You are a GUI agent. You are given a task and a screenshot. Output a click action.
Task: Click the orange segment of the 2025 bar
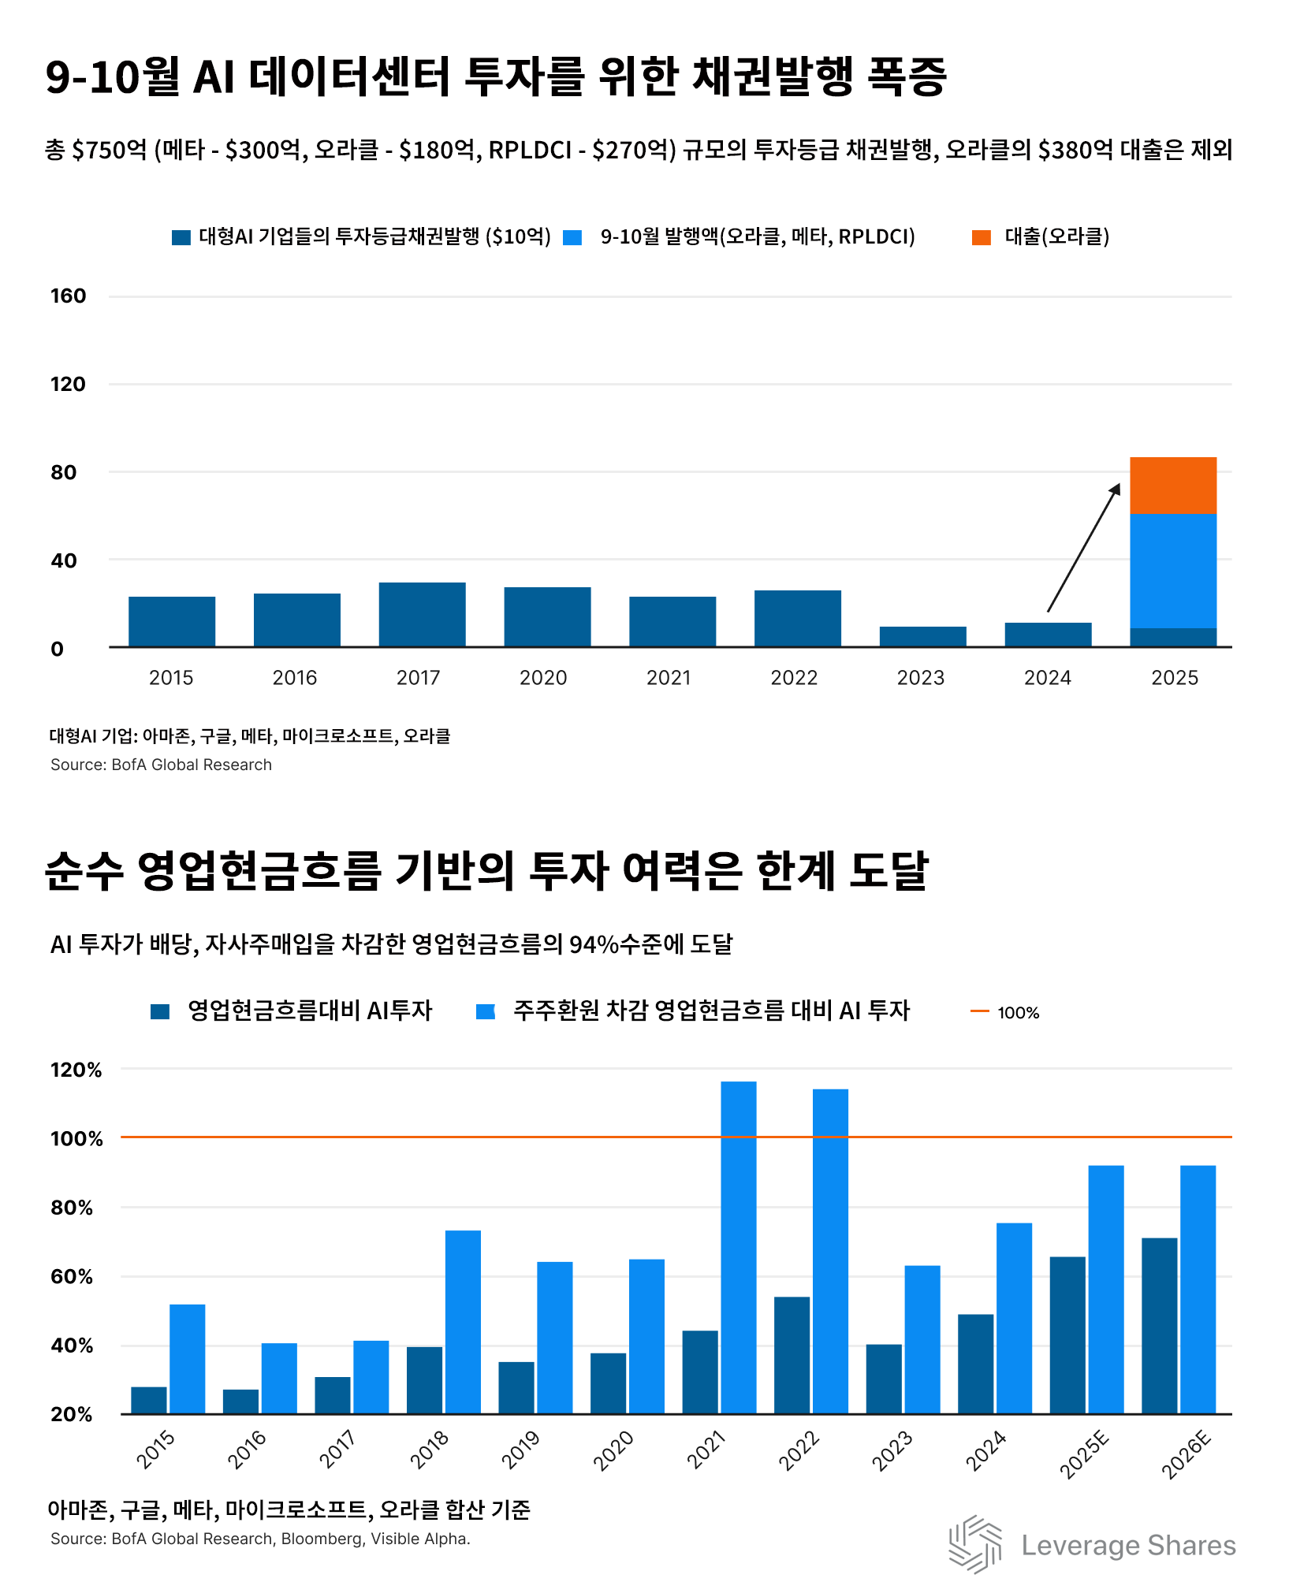[x=1172, y=485]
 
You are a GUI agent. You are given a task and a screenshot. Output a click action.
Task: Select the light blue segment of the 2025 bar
[x=1172, y=570]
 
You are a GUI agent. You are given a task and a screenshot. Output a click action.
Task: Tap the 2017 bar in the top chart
[x=422, y=614]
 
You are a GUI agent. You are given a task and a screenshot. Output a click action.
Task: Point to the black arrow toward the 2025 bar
[x=1083, y=548]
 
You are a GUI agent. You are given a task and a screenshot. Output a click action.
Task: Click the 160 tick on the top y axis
[x=68, y=296]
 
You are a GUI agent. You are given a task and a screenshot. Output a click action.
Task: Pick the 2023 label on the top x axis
[x=920, y=678]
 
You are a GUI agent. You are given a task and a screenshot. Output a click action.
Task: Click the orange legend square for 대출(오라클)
[x=981, y=237]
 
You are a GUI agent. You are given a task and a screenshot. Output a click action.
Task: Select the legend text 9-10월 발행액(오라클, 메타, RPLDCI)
[x=757, y=236]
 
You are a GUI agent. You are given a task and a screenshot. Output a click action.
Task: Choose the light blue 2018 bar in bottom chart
[x=463, y=1322]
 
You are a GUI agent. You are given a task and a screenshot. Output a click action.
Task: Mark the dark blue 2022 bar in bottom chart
[x=792, y=1355]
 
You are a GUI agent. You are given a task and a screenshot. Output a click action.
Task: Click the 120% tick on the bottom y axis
[x=76, y=1070]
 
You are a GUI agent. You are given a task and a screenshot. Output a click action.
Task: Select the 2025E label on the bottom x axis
[x=1085, y=1454]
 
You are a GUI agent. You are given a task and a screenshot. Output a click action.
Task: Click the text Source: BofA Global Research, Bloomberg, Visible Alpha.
[x=260, y=1539]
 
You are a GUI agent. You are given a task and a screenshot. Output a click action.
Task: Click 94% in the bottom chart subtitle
[x=594, y=944]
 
